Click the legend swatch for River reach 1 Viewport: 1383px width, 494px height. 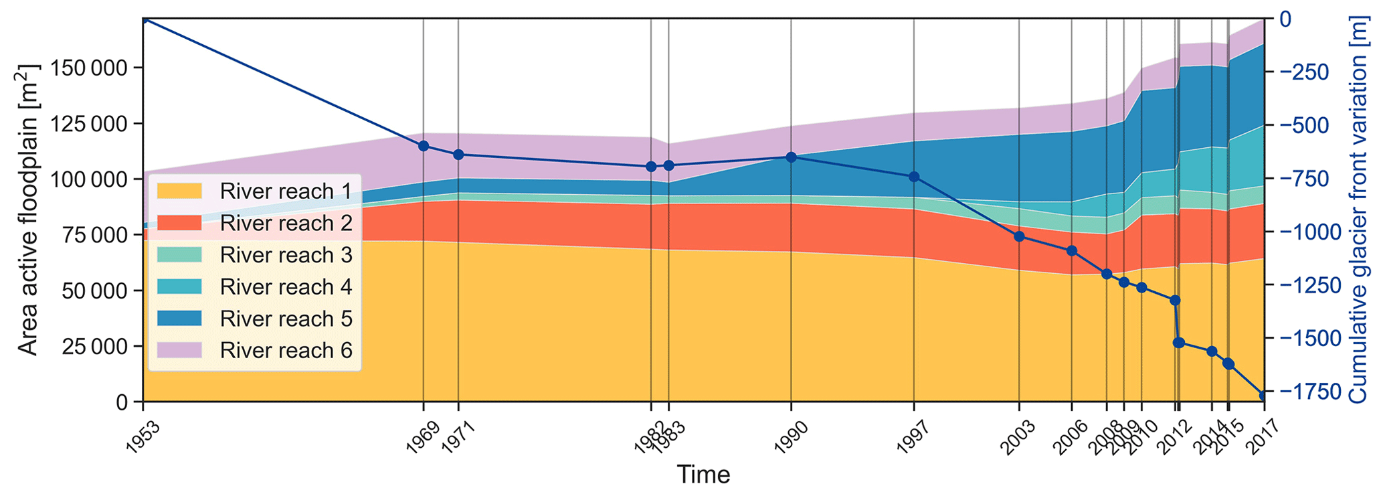coord(179,191)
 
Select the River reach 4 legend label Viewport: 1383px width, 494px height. coord(286,286)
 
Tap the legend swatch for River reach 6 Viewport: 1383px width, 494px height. coord(179,350)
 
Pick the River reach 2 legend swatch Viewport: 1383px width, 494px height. coord(179,223)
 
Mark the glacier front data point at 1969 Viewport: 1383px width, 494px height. coord(424,146)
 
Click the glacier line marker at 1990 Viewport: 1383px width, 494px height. coord(791,157)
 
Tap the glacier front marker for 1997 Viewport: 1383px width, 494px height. coord(914,177)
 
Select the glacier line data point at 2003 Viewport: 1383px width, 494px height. coord(1019,236)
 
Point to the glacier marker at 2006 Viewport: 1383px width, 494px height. coord(1071,251)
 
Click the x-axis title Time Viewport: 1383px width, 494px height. coord(703,475)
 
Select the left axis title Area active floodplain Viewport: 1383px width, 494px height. coord(27,210)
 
